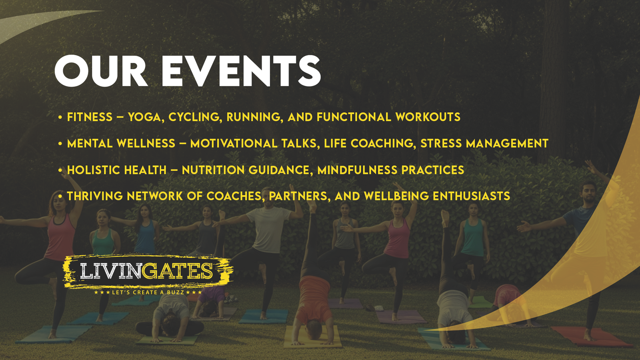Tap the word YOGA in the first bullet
tap(144, 117)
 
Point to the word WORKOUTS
tap(428, 117)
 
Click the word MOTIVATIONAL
tap(234, 143)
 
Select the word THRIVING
tap(94, 196)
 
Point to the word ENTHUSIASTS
tap(471, 196)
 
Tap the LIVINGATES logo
tap(147, 271)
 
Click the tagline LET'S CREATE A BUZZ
tap(148, 292)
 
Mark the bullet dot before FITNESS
tap(60, 118)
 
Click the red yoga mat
tap(592, 337)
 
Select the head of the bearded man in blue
tap(588, 192)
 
